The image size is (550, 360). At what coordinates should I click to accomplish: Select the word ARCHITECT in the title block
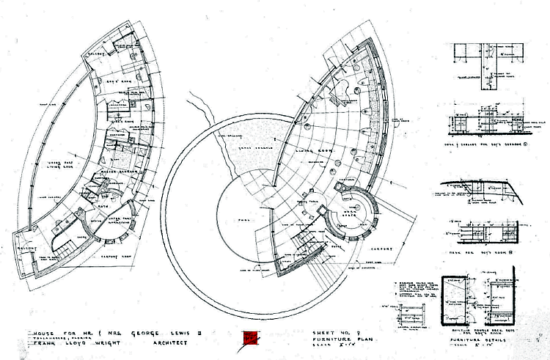pos(170,342)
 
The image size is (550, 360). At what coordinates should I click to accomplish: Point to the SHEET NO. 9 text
pos(329,332)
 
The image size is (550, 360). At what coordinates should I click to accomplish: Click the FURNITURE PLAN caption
pos(334,339)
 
